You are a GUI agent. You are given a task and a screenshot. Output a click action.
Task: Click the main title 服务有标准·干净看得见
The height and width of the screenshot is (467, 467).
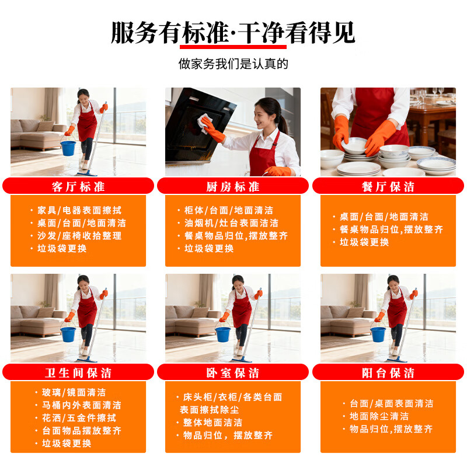click(x=233, y=32)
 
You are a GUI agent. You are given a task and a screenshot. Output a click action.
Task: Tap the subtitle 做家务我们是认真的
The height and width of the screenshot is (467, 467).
click(x=233, y=64)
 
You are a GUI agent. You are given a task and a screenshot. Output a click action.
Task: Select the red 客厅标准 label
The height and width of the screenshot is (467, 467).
click(x=78, y=186)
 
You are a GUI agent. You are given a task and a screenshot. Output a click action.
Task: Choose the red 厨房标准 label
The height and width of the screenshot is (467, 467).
click(x=233, y=186)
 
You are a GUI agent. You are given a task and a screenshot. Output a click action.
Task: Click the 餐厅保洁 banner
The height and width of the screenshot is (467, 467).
click(x=388, y=186)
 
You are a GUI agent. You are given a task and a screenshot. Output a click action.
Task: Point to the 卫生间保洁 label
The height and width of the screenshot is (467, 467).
click(x=78, y=372)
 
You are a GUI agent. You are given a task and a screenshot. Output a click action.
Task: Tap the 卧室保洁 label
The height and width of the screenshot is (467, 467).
click(x=233, y=372)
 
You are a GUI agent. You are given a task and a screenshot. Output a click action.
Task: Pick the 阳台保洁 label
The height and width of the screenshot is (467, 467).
click(x=388, y=372)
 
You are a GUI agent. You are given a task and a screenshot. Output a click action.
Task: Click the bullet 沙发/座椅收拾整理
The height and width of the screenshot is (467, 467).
click(x=79, y=236)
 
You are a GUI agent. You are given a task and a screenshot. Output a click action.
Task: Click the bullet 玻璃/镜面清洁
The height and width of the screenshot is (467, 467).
click(x=73, y=392)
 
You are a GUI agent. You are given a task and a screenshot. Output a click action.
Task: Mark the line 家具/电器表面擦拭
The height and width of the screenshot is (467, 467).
click(x=79, y=210)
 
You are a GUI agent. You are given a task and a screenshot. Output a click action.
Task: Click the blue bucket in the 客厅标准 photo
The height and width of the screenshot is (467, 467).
click(x=68, y=148)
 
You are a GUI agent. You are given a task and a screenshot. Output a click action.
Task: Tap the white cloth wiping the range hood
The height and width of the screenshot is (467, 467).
click(x=206, y=123)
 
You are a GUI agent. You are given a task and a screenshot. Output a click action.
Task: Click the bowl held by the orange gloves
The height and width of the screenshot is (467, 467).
click(x=356, y=144)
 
